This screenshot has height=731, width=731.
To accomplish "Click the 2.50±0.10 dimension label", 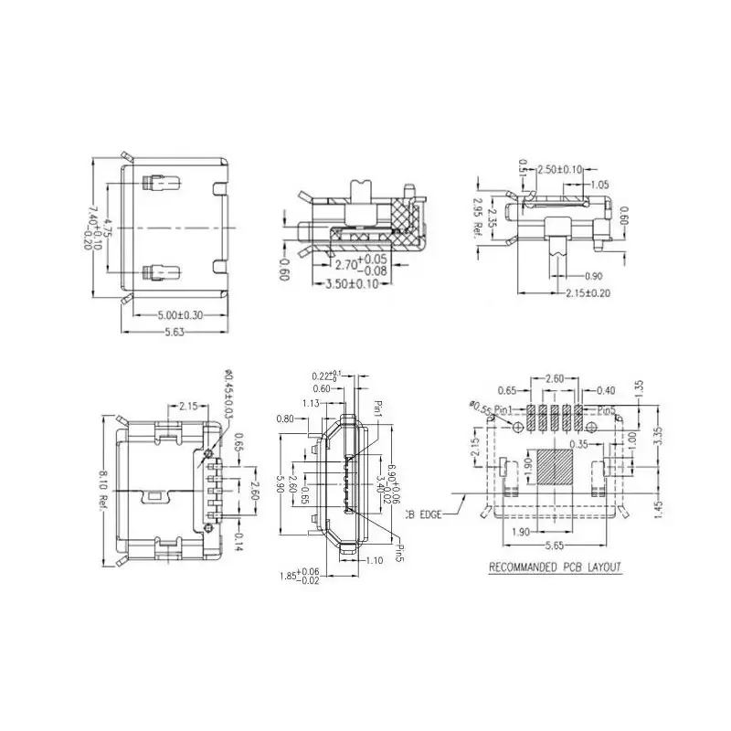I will (560, 170).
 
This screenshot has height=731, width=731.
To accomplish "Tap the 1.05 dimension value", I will (599, 185).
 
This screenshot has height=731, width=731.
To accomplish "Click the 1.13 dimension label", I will (309, 403).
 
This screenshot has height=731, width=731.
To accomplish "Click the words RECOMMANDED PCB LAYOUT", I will (555, 567).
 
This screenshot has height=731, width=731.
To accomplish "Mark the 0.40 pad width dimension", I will (605, 391).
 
